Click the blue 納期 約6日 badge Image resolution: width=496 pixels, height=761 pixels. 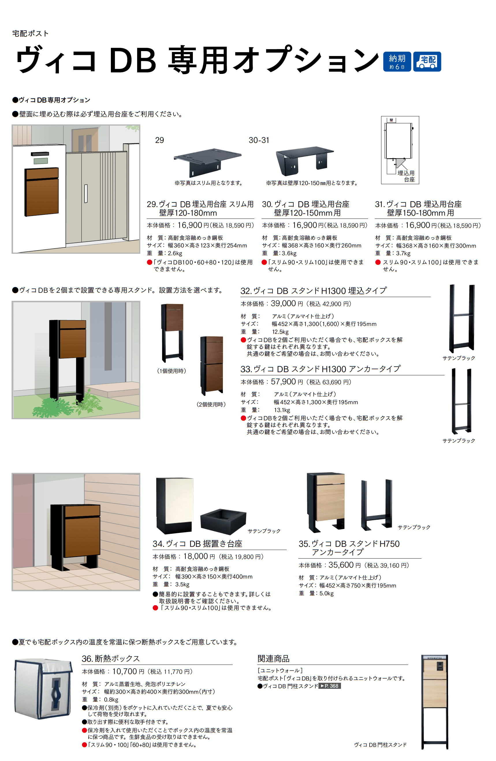397,61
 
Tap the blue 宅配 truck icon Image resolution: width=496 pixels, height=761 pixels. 427,61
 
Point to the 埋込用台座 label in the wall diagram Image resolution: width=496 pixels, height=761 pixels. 406,176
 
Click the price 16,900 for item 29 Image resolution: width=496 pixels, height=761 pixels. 190,225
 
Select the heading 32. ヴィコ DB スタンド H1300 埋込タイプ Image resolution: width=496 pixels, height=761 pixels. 314,291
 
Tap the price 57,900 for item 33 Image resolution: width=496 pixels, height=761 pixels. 283,381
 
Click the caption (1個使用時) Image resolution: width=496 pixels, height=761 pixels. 171,371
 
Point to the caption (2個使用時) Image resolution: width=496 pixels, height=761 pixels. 211,404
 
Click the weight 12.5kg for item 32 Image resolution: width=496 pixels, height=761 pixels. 280,332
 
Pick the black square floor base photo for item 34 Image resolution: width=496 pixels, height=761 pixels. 223,521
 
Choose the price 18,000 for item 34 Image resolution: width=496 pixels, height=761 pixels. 195,556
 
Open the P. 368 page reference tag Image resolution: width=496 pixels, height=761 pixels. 329,686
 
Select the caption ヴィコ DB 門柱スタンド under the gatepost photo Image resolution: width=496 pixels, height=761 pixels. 380,745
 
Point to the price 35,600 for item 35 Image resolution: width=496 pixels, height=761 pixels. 341,565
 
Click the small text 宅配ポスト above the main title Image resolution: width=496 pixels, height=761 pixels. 30,33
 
